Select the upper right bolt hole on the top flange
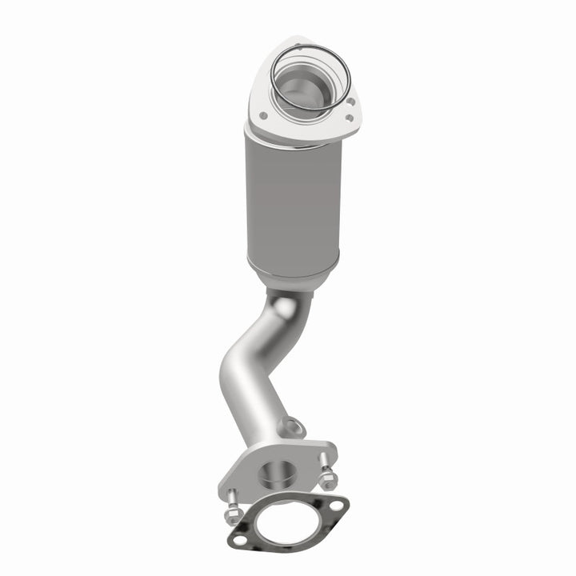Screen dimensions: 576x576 point(350,102)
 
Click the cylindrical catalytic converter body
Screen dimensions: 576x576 point(292,200)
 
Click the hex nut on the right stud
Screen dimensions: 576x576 point(327,483)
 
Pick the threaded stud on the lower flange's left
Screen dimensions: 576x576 point(228,498)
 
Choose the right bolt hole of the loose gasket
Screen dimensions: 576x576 point(338,505)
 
